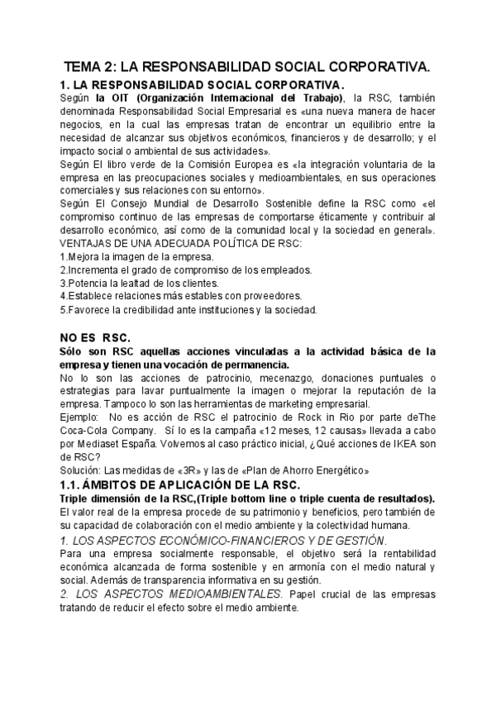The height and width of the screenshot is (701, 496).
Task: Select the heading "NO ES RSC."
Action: click(89, 337)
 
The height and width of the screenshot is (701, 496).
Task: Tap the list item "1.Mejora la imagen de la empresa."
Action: click(131, 256)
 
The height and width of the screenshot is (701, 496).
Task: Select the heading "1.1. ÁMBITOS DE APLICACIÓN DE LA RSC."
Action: click(191, 484)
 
